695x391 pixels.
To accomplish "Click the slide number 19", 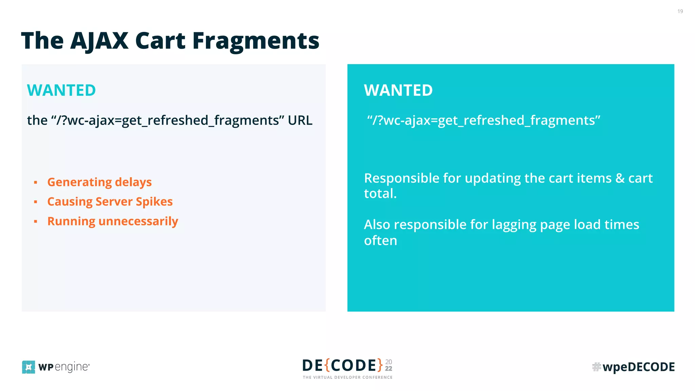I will pos(680,12).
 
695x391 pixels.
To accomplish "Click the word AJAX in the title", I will pos(99,41).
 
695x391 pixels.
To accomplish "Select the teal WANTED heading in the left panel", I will pos(61,90).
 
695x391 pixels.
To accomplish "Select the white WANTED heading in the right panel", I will pos(398,90).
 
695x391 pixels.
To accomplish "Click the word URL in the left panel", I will pos(300,120).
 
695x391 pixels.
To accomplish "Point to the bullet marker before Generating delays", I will pos(36,183).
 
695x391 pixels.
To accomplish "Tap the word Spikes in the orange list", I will pos(154,202).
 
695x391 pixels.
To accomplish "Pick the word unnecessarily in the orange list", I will pos(138,221).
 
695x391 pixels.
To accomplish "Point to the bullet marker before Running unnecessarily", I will pos(36,222).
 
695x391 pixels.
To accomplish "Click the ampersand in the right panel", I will pos(620,178).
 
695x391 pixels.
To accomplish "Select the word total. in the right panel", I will pos(380,194).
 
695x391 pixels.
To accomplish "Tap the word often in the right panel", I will pos(380,241).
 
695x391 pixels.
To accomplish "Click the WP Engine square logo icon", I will pos(29,367).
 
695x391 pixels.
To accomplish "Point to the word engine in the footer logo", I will pos(71,367).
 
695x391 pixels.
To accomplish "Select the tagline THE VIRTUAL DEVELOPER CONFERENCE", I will pos(347,377).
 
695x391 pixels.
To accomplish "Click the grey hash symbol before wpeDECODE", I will pos(596,367).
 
